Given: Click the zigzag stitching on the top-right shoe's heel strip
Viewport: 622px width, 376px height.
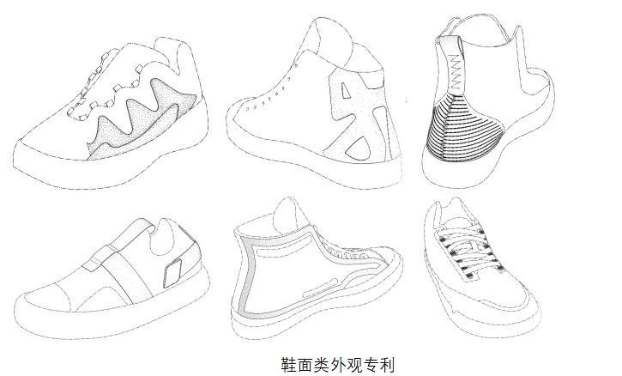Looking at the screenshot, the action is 456,70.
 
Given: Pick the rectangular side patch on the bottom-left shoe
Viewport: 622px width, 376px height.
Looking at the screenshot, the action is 172,273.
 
